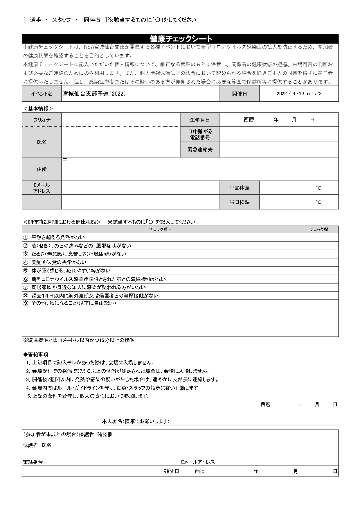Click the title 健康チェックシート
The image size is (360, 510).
(180, 39)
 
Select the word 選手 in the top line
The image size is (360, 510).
(35, 20)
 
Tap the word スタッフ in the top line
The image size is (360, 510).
(62, 20)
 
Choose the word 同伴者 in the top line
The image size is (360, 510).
(92, 20)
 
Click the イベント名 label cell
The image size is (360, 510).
(42, 94)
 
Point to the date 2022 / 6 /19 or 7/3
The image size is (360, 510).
(299, 94)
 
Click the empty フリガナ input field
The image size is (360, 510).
(121, 120)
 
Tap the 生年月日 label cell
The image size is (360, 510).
(200, 120)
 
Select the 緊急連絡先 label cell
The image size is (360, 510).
(200, 150)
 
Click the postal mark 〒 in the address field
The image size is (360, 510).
(65, 161)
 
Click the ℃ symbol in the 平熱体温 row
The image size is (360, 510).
(319, 188)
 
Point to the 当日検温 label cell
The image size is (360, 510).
(240, 202)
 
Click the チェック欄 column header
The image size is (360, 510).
(319, 230)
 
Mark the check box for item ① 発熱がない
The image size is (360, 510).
(319, 237)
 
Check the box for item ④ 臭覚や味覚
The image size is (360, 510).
(319, 262)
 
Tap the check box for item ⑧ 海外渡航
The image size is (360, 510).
(319, 296)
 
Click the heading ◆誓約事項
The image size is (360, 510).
(36, 355)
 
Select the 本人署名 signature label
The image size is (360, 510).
(136, 421)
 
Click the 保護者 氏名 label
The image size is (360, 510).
(37, 445)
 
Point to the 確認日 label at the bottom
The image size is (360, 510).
(172, 471)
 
